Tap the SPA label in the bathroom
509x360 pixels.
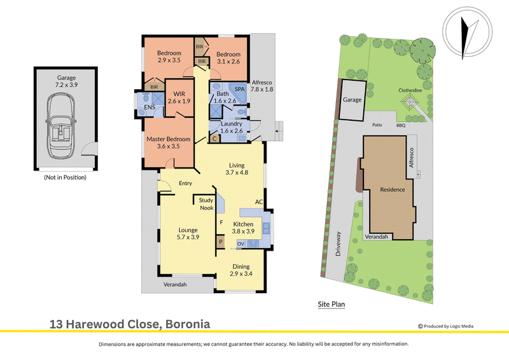point(240,89)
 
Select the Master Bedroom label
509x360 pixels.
point(169,139)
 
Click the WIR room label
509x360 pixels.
point(179,93)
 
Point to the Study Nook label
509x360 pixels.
point(206,204)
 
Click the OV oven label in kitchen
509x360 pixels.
point(241,244)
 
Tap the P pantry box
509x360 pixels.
point(221,242)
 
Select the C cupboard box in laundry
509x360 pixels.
point(214,139)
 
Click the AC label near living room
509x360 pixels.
point(259,202)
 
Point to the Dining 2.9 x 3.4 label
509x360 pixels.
point(241,270)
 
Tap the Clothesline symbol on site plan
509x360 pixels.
point(408,102)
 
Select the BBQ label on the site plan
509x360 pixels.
point(401,125)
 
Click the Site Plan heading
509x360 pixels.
point(331,304)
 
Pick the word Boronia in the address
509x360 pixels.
point(188,324)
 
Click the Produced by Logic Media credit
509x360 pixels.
point(446,326)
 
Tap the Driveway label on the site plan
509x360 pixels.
point(338,244)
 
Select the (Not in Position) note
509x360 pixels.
point(66,177)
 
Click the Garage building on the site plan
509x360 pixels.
point(352,100)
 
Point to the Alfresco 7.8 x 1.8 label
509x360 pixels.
point(261,86)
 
